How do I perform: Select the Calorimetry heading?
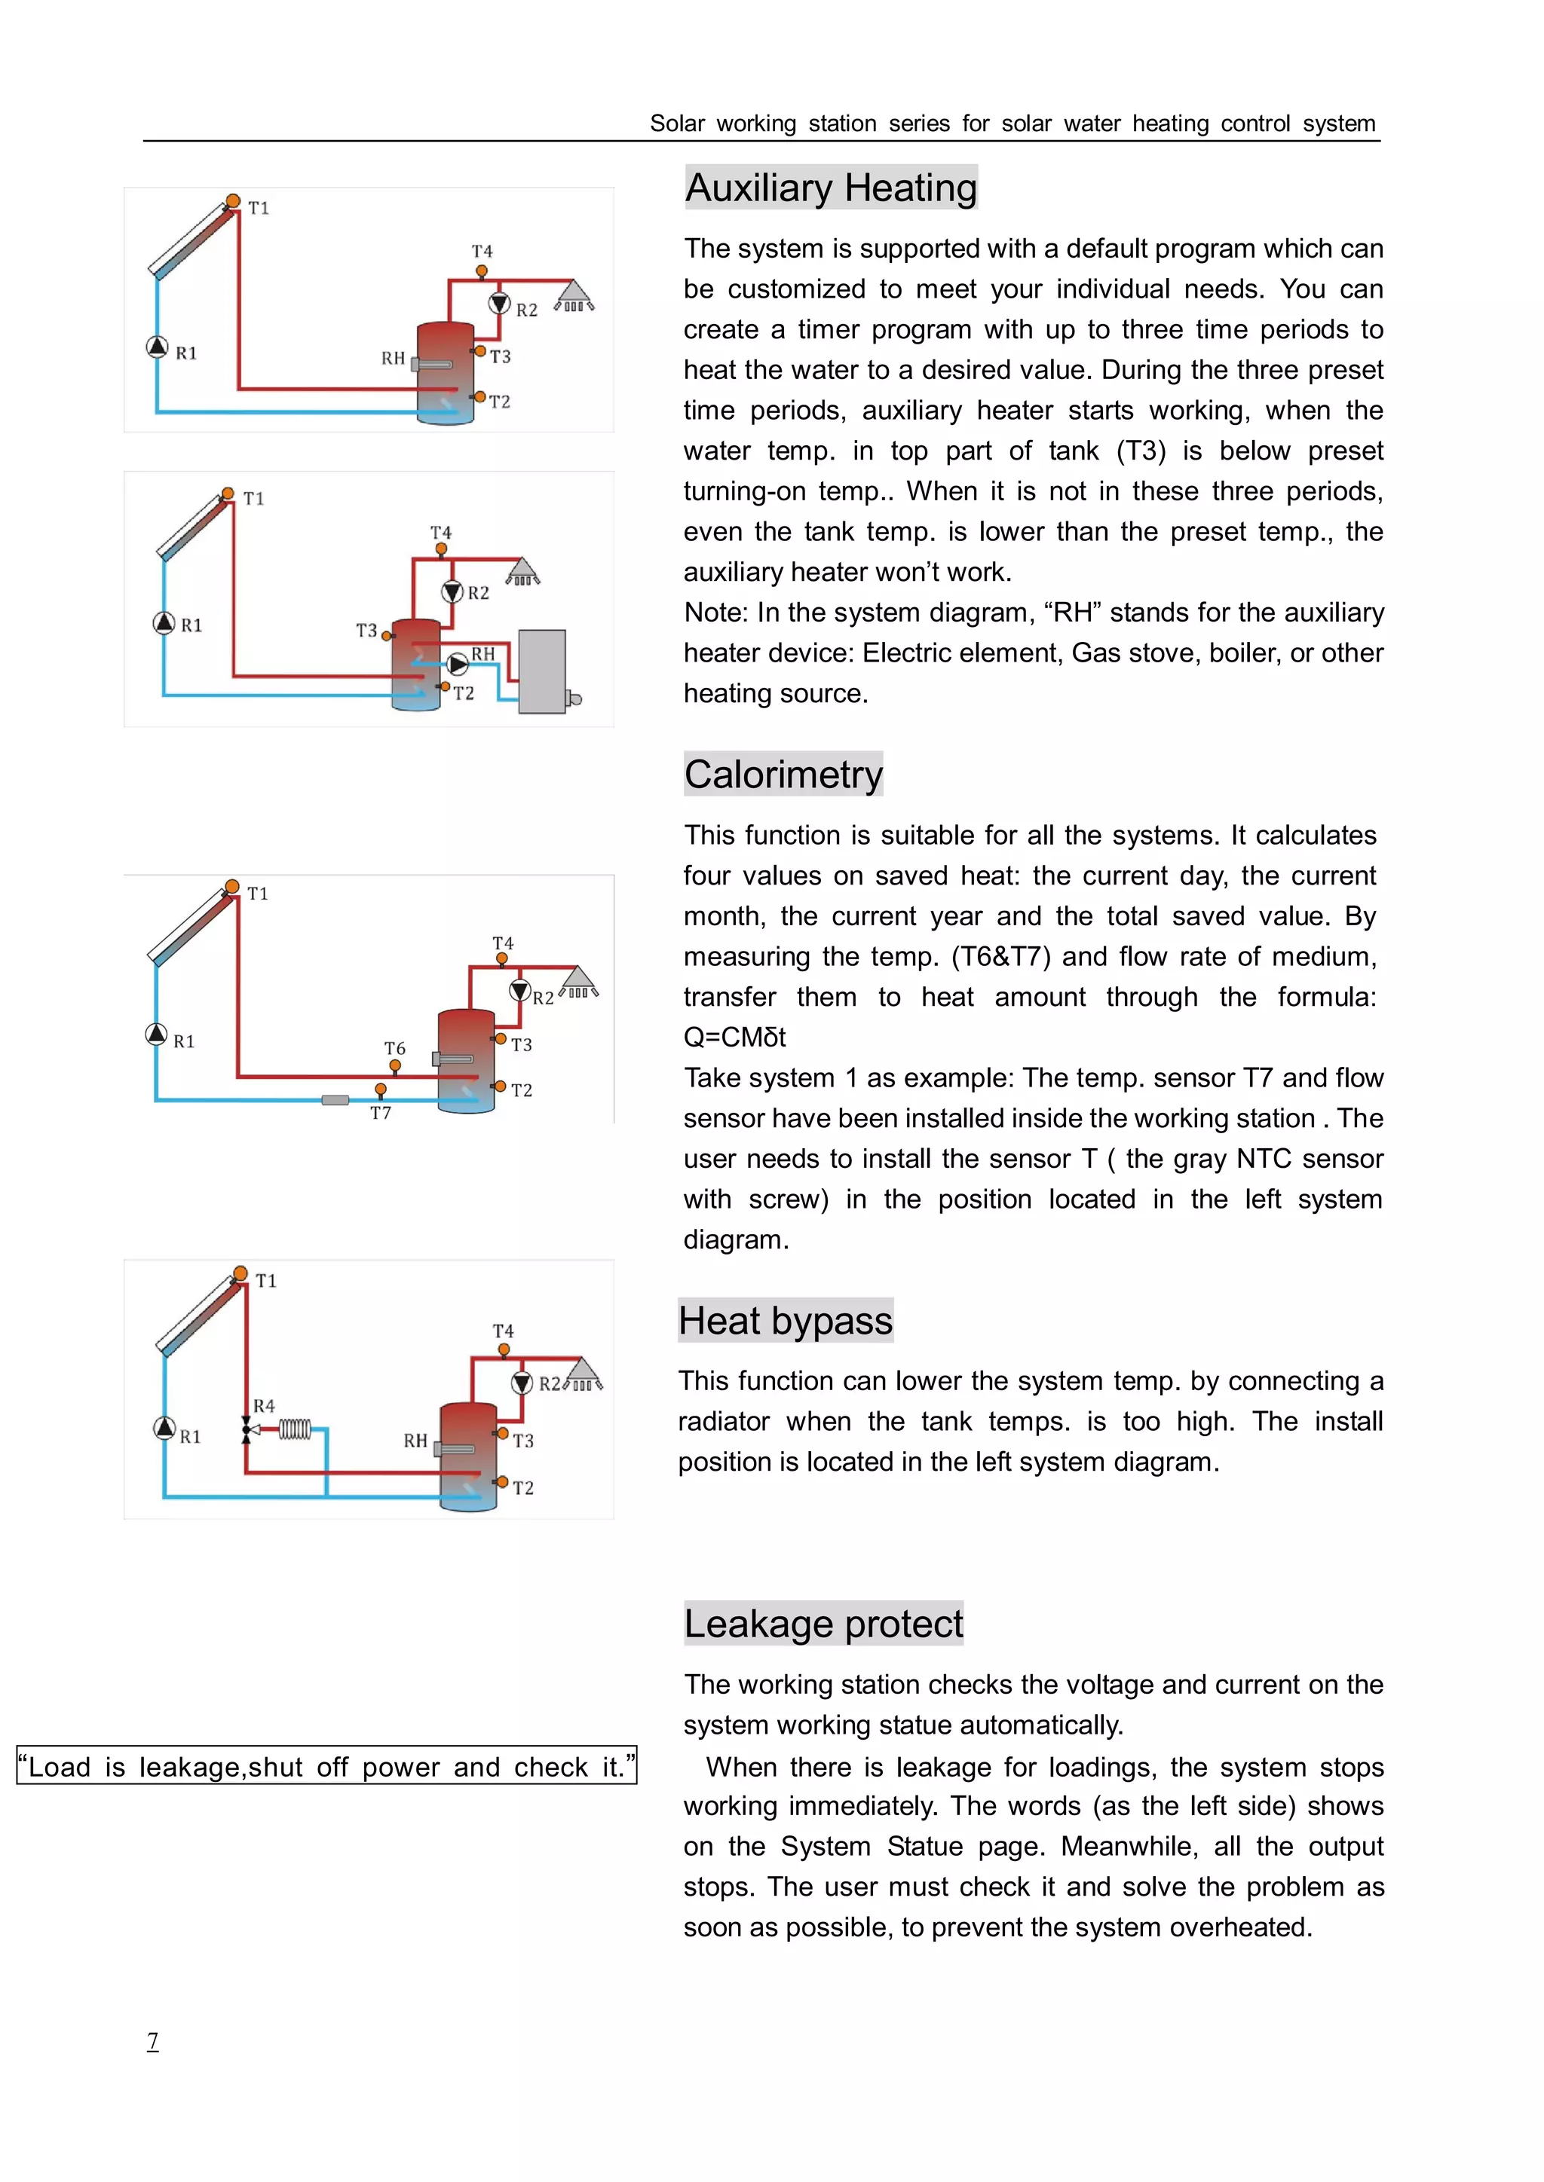point(783,774)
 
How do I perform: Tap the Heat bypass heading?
point(786,1320)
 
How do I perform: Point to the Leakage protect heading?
point(823,1623)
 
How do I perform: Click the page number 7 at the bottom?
point(152,2040)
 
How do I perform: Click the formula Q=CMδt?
point(734,1037)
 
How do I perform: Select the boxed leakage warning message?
point(326,1766)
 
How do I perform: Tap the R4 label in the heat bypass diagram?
point(265,1405)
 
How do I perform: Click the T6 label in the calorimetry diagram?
point(394,1047)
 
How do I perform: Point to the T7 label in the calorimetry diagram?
point(380,1113)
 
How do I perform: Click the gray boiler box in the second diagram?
point(542,671)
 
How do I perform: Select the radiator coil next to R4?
point(295,1429)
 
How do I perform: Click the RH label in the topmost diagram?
point(393,359)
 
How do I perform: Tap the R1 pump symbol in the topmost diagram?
point(158,347)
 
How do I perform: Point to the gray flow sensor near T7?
point(335,1099)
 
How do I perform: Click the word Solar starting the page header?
point(677,124)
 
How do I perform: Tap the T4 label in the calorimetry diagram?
point(503,943)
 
